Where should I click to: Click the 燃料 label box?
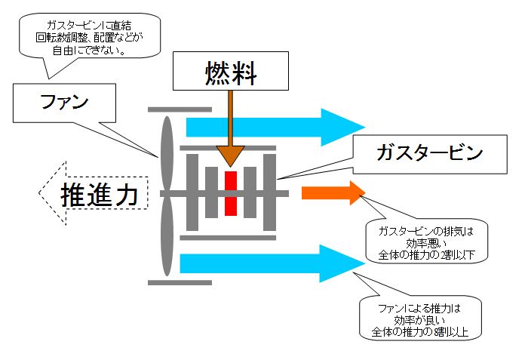pyautogui.click(x=232, y=72)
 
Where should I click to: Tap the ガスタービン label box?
pyautogui.click(x=428, y=153)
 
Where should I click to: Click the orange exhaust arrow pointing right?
pyautogui.click(x=333, y=193)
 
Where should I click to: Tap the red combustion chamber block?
pyautogui.click(x=231, y=192)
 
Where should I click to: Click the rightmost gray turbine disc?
pyautogui.click(x=270, y=192)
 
